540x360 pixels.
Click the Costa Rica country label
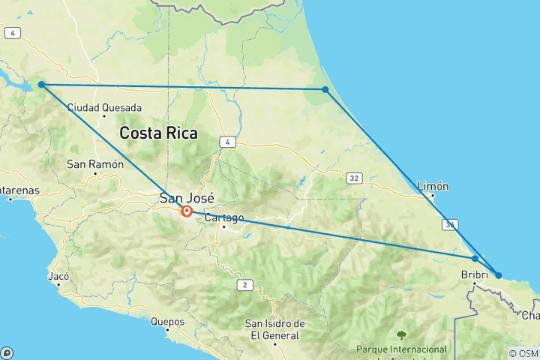pyautogui.click(x=158, y=134)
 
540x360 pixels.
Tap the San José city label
pyautogui.click(x=187, y=199)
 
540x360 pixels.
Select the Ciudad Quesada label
pyautogui.click(x=104, y=108)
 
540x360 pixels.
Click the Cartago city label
pyautogui.click(x=224, y=218)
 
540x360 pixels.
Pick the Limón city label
pyautogui.click(x=433, y=186)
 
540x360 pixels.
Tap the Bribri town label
pyautogui.click(x=475, y=275)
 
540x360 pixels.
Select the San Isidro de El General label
pyautogui.click(x=275, y=328)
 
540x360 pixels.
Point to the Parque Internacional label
pyautogui.click(x=402, y=349)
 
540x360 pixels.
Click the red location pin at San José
pyautogui.click(x=187, y=211)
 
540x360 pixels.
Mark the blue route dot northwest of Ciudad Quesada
pyautogui.click(x=41, y=85)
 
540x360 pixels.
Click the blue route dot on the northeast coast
pyautogui.click(x=325, y=89)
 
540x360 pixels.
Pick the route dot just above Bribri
pyautogui.click(x=475, y=259)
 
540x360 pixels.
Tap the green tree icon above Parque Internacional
pyautogui.click(x=401, y=334)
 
